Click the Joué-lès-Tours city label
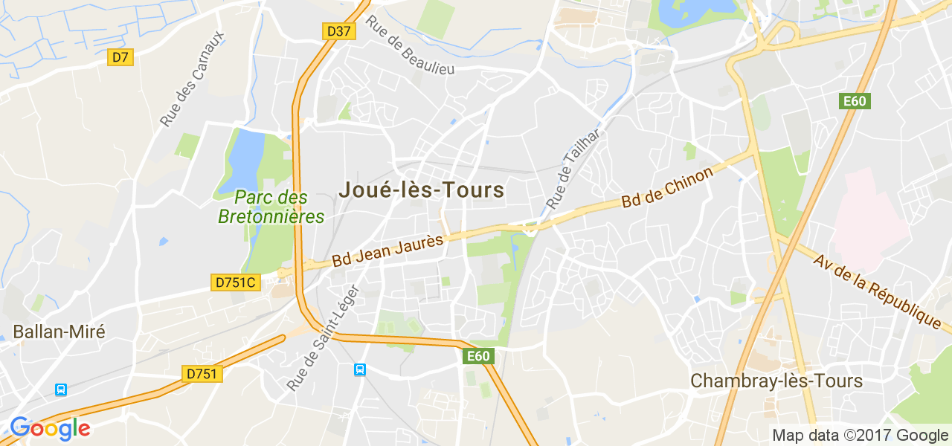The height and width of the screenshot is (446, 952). click(422, 190)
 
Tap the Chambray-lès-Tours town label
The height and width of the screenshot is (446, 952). click(776, 381)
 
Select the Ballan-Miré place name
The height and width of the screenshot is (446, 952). click(59, 332)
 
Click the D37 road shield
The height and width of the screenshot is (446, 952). click(338, 31)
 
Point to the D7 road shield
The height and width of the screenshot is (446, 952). click(120, 57)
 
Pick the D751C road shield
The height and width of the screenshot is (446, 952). click(235, 282)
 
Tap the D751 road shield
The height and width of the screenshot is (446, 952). click(202, 374)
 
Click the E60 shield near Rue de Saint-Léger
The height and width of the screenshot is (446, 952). click(477, 356)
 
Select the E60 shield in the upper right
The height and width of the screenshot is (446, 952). click(855, 101)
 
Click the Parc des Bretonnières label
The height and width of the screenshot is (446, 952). click(271, 207)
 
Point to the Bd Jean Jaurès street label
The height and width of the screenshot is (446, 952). click(387, 251)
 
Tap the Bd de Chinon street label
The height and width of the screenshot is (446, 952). click(667, 187)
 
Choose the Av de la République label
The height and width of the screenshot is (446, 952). click(877, 292)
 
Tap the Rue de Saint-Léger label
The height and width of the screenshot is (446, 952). click(323, 337)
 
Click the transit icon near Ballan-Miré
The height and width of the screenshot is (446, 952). click(61, 390)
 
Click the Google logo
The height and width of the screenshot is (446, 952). click(50, 429)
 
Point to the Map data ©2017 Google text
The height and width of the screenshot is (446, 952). click(860, 436)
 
